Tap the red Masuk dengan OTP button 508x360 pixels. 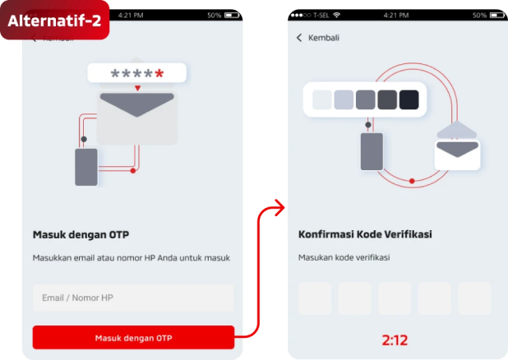(x=133, y=337)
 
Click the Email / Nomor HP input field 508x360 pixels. (x=133, y=298)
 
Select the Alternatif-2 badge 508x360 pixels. (x=55, y=20)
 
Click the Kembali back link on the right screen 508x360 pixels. (x=318, y=38)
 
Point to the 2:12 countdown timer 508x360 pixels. (x=395, y=340)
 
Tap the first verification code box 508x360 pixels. (x=315, y=298)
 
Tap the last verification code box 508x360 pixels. (x=474, y=298)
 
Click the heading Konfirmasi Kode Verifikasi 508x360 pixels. (x=365, y=234)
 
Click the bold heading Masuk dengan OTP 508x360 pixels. (x=81, y=234)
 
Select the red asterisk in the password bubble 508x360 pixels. (x=159, y=73)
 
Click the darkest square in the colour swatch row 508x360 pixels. (x=409, y=99)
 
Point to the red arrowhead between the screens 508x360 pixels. (x=279, y=208)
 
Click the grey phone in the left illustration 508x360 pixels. (x=86, y=167)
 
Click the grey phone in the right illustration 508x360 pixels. (x=372, y=152)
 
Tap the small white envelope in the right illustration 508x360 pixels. (x=457, y=155)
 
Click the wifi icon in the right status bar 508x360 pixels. (x=337, y=15)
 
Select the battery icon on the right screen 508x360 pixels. (x=497, y=16)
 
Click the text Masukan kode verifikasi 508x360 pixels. (x=344, y=257)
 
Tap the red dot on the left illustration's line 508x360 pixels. (x=133, y=171)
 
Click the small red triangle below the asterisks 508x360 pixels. (x=138, y=88)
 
